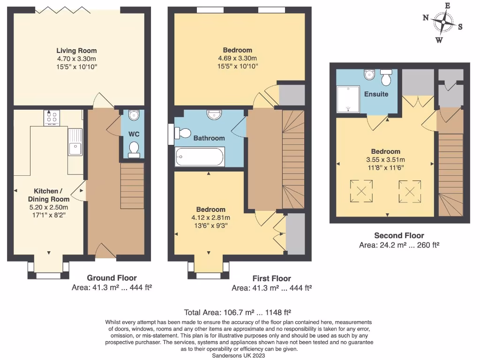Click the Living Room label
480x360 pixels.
(76, 51)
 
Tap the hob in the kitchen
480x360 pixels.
(51, 118)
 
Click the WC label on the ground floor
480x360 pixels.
(134, 134)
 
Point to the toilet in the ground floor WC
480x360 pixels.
(134, 148)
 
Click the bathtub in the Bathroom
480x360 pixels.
(200, 157)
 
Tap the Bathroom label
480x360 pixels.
(209, 138)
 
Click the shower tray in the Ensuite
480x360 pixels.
(348, 99)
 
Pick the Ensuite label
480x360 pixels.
(376, 94)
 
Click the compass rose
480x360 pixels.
(443, 22)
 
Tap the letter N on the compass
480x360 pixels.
(426, 18)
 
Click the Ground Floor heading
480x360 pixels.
(112, 278)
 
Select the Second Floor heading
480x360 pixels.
(399, 236)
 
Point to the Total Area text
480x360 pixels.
(239, 312)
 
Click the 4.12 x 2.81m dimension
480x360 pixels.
(210, 217)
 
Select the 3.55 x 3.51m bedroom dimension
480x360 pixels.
(386, 159)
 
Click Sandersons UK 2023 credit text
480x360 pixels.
(239, 356)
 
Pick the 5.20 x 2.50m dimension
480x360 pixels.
(49, 208)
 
